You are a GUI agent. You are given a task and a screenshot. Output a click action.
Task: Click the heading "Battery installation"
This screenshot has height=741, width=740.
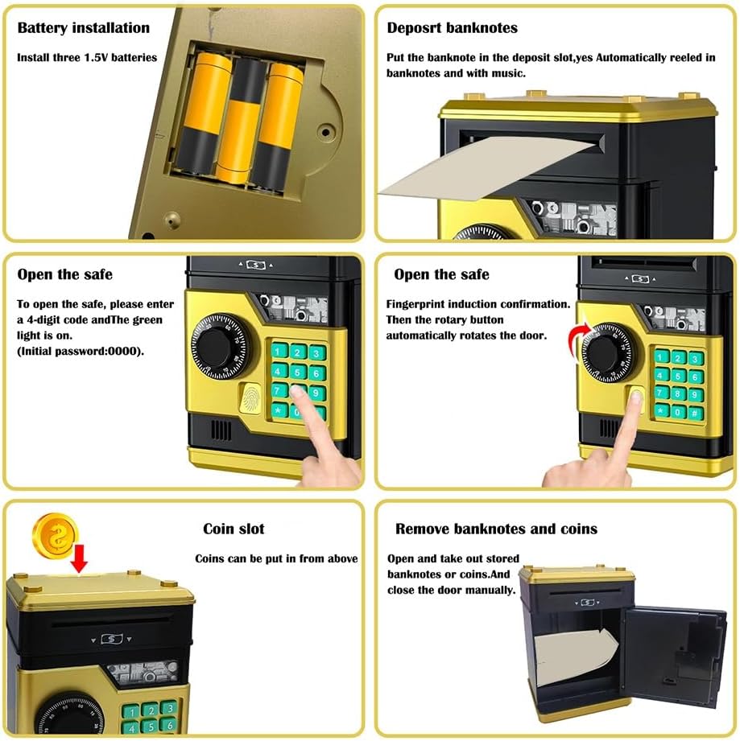pyautogui.click(x=83, y=28)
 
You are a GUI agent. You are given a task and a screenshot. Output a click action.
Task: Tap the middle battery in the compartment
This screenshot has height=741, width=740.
pyautogui.click(x=240, y=121)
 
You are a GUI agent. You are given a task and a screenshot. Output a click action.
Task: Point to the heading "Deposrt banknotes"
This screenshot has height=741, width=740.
pyautogui.click(x=452, y=28)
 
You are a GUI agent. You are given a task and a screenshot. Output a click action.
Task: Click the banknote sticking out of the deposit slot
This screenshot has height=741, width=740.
pyautogui.click(x=487, y=166)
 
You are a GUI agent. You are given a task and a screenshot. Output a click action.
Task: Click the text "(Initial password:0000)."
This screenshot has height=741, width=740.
pyautogui.click(x=81, y=351)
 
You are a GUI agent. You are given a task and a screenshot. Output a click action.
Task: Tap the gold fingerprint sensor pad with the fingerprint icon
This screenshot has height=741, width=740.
pyautogui.click(x=250, y=399)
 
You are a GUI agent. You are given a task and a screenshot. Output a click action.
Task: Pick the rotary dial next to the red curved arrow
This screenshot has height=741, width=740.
pyautogui.click(x=606, y=352)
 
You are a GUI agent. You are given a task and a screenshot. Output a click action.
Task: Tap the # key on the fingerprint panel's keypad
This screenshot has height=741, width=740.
pyautogui.click(x=695, y=414)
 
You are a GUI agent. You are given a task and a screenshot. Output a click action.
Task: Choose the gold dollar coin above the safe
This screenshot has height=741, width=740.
pyautogui.click(x=56, y=536)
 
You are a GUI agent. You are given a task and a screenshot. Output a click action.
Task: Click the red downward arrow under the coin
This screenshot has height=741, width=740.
pyautogui.click(x=79, y=558)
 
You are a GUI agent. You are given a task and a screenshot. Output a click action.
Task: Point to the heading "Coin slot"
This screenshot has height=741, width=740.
pyautogui.click(x=234, y=529)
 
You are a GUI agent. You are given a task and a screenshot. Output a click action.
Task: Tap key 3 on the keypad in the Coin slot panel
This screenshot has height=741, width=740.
pyautogui.click(x=167, y=708)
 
